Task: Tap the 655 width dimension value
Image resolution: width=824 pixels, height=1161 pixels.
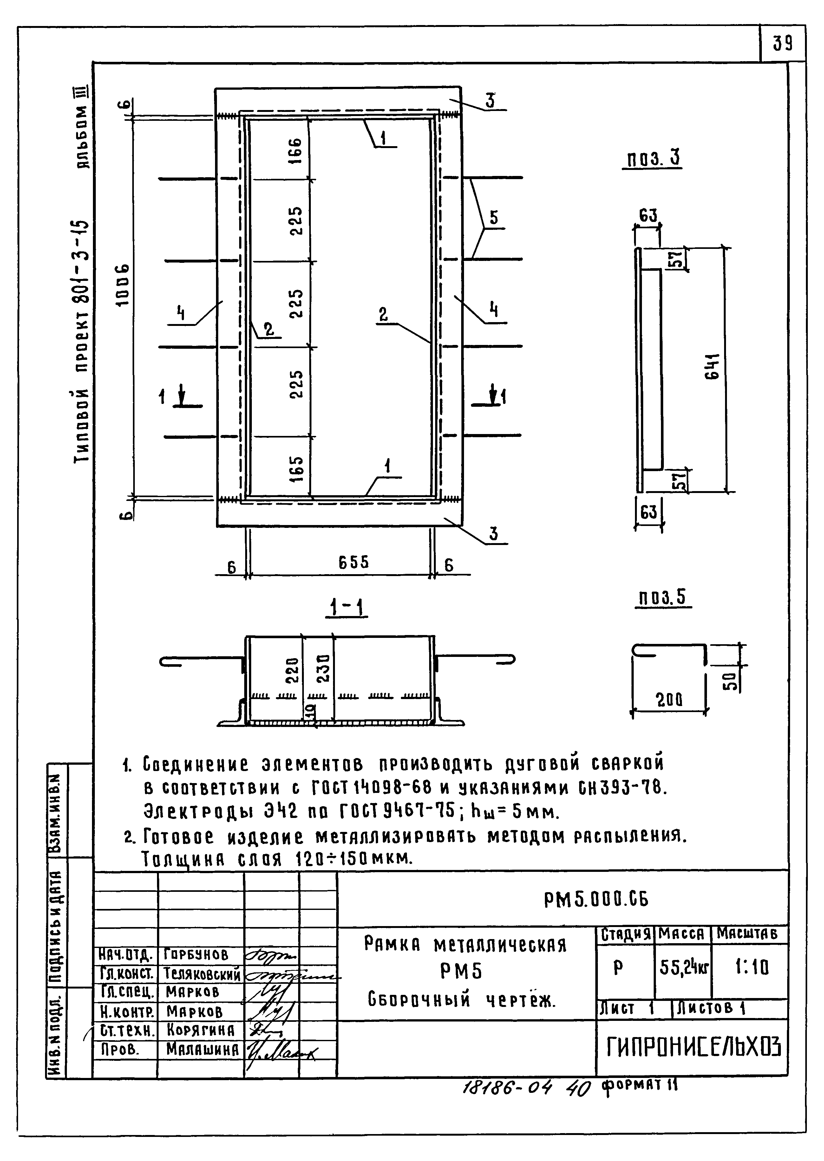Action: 354,562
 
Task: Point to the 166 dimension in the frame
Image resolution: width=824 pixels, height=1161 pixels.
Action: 296,150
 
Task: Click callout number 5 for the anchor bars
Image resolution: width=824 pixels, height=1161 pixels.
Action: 494,218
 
